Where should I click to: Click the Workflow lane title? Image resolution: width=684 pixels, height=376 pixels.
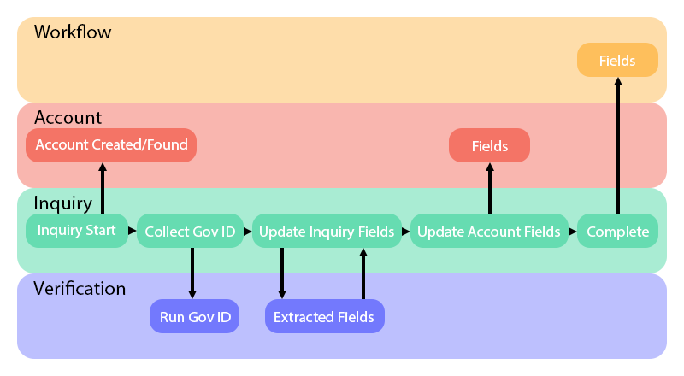point(73,32)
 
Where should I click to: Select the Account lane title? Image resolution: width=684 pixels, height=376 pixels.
point(68,117)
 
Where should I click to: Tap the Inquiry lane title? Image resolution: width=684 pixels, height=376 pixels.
point(62,203)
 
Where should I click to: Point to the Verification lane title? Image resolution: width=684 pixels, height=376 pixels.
point(80,288)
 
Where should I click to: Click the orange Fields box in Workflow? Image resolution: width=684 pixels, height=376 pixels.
point(618,60)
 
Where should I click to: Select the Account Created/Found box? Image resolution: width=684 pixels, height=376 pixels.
point(111,145)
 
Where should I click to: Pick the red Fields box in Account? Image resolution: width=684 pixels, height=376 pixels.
point(489,146)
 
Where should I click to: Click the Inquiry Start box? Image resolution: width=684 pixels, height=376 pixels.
point(77,231)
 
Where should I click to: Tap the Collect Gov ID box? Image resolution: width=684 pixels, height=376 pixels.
point(190,232)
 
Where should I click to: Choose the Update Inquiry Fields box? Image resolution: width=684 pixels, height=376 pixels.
point(327,232)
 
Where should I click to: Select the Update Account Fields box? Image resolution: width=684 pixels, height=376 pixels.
point(489,232)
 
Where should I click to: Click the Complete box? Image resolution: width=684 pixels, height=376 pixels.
point(617,232)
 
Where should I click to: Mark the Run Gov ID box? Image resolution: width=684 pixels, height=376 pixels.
point(194,317)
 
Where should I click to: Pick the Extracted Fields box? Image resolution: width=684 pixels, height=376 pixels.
point(324,317)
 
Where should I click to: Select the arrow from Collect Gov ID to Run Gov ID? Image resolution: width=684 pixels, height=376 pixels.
point(192,273)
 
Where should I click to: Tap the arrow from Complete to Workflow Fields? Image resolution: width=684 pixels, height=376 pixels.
point(617,145)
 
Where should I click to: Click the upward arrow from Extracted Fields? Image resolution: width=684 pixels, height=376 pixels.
point(363,273)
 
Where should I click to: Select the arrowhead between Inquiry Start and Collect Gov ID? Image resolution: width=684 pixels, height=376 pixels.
point(133,231)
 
